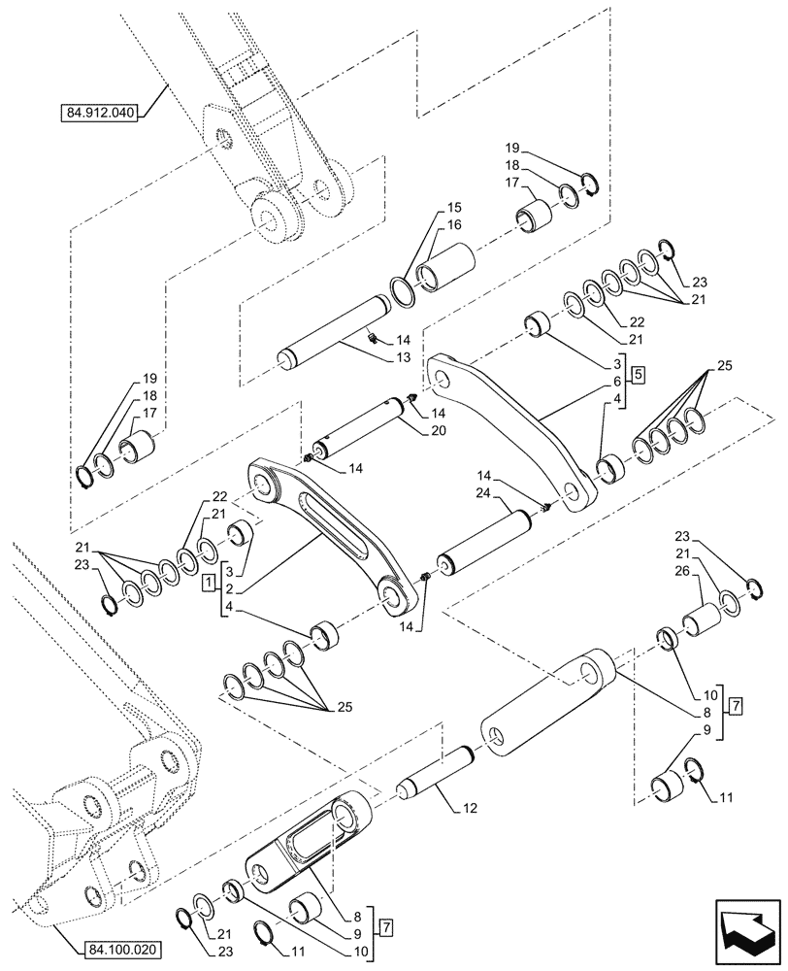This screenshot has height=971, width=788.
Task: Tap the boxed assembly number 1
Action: click(208, 586)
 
